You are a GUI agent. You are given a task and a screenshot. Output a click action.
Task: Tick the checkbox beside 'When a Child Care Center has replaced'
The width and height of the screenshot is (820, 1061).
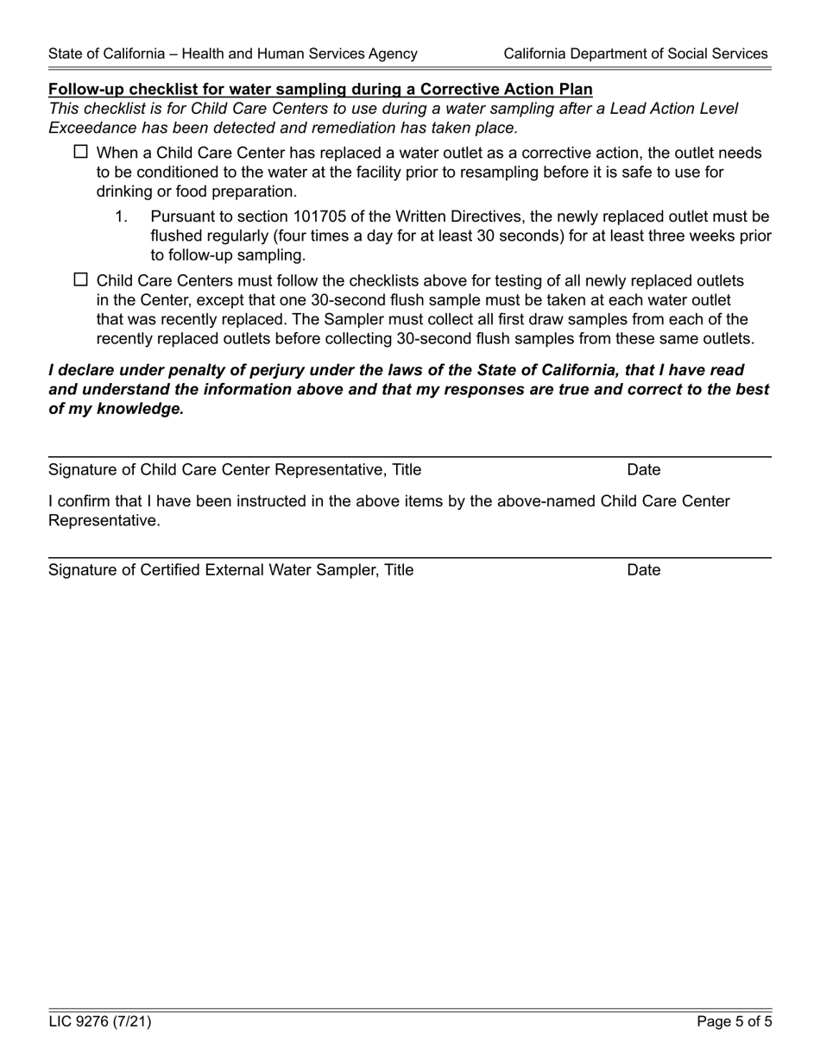click(x=81, y=152)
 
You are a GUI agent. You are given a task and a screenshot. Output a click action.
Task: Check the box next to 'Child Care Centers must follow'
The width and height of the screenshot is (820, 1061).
click(x=81, y=279)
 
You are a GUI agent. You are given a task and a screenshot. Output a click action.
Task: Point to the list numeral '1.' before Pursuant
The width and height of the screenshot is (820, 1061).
click(x=122, y=217)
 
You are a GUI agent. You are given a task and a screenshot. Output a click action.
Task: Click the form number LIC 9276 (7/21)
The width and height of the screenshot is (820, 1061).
click(x=100, y=1022)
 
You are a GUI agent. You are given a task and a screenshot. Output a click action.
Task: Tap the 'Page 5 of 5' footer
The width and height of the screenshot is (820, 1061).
click(x=735, y=1022)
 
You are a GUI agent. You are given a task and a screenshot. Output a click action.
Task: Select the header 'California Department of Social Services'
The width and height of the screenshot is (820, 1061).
click(x=635, y=53)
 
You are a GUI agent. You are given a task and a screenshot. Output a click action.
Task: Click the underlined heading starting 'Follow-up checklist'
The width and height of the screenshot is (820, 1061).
click(x=320, y=90)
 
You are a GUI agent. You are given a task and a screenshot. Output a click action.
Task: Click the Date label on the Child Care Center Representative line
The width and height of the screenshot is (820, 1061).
click(x=644, y=470)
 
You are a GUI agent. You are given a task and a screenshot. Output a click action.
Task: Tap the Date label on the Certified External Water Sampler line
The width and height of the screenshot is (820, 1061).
click(x=644, y=570)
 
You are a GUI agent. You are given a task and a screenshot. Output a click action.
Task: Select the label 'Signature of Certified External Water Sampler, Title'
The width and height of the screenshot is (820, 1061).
click(x=231, y=570)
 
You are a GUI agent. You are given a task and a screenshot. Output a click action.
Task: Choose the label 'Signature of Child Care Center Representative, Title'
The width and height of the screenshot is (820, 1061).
click(x=235, y=470)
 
